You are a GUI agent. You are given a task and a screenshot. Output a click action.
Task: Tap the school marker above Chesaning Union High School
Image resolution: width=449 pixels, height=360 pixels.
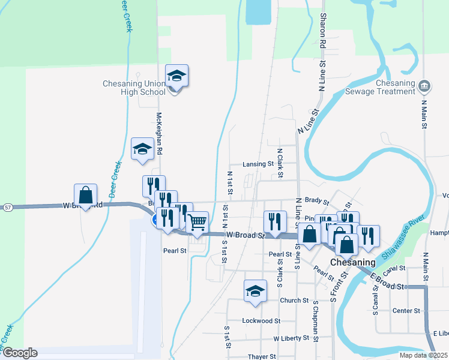tap(176, 77)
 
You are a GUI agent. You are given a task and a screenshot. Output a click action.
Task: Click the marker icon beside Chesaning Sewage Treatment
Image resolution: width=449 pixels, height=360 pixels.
tap(425, 85)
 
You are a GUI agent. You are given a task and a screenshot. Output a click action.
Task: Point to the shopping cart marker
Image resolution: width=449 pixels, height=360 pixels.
tap(197, 223)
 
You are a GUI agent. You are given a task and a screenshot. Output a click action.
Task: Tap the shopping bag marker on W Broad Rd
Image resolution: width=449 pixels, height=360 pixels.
tap(85, 195)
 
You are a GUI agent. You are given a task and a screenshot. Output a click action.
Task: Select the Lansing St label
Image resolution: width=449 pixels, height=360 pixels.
tap(258, 163)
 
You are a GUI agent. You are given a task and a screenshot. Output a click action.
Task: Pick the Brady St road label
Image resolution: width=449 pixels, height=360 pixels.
tap(317, 202)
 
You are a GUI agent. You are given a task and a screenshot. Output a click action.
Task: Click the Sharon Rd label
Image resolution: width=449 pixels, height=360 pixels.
tap(323, 31)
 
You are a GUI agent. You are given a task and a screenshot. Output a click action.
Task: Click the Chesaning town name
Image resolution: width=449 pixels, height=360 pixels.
tap(353, 262)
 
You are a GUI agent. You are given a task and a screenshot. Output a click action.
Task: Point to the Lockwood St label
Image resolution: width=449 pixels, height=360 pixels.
tap(261, 321)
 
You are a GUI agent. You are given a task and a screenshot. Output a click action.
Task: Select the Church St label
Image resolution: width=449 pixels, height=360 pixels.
tap(294, 301)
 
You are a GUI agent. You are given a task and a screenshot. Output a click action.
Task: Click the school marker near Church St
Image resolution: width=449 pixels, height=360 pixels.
tap(255, 291)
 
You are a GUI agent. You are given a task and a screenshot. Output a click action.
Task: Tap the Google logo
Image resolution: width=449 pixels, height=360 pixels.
tap(19, 353)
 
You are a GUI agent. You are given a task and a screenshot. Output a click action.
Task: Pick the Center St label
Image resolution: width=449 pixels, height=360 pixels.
tap(406, 311)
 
